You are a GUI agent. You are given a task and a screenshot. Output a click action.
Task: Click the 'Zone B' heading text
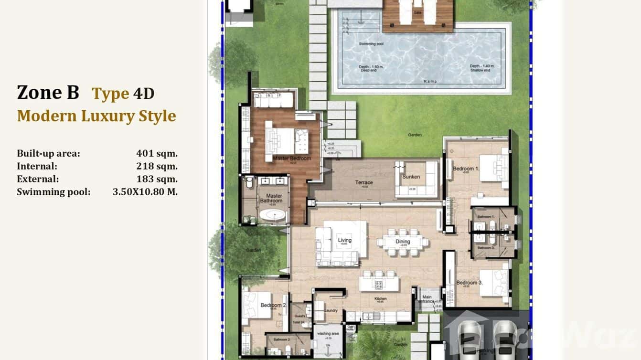click(x=48, y=92)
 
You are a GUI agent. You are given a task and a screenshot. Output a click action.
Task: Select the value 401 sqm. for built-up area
click(x=157, y=154)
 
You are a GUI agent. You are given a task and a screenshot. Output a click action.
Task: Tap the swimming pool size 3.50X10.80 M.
click(x=145, y=192)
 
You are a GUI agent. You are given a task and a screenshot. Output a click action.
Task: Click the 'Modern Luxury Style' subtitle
click(x=96, y=116)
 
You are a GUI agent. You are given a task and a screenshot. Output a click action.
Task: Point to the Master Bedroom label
click(x=292, y=159)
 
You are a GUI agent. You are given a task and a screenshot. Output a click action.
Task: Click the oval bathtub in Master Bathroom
click(x=272, y=215)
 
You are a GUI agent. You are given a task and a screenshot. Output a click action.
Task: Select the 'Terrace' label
click(x=363, y=182)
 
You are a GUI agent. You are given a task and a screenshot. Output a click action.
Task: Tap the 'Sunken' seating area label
click(x=411, y=177)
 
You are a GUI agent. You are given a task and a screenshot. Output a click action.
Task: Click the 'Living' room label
click(x=344, y=240)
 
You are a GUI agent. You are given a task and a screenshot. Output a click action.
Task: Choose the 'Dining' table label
click(x=403, y=242)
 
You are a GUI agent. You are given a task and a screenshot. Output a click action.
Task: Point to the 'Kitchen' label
click(x=380, y=299)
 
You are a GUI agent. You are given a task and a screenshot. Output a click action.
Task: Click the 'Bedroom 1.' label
click(x=463, y=169)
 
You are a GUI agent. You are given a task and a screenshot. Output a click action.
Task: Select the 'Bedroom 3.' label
click(x=469, y=283)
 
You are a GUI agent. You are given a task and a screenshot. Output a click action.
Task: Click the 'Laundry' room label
click(x=331, y=310)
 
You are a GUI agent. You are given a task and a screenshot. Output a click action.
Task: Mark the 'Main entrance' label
click(x=427, y=299)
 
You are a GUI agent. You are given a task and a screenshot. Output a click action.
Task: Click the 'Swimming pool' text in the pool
click(x=371, y=44)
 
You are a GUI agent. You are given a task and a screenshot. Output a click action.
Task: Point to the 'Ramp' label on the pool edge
click(x=430, y=82)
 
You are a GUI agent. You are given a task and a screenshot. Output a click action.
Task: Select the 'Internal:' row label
click(x=37, y=167)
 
